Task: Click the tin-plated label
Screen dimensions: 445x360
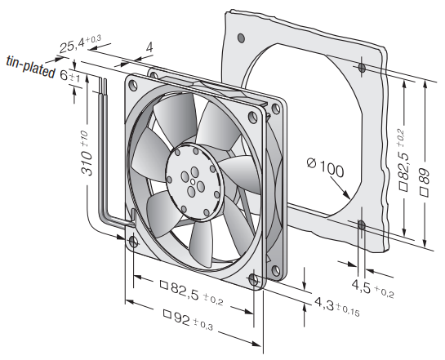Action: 31,67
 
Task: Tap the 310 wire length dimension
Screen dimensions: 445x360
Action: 87,153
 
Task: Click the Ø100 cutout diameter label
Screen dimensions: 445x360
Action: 325,167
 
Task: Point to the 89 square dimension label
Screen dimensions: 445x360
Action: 425,181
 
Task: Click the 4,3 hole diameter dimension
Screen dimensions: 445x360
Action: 337,307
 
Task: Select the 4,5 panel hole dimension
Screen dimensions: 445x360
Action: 372,288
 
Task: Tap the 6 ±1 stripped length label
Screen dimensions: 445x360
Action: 70,76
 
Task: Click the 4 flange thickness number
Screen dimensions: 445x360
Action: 149,47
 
